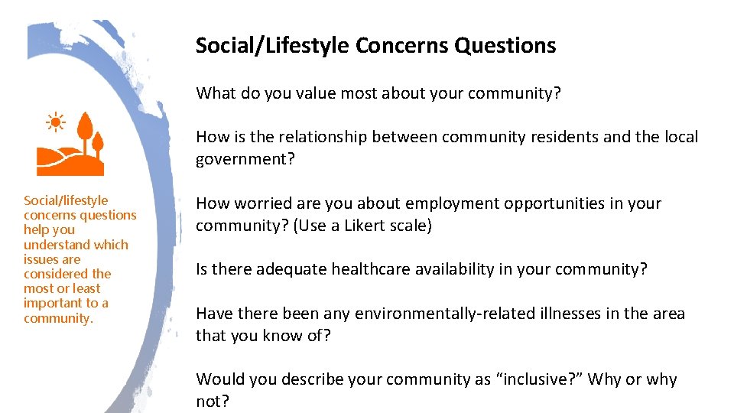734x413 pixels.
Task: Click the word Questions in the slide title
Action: pos(505,46)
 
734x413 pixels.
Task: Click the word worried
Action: pos(261,203)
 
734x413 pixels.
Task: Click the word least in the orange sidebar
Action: pos(86,288)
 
